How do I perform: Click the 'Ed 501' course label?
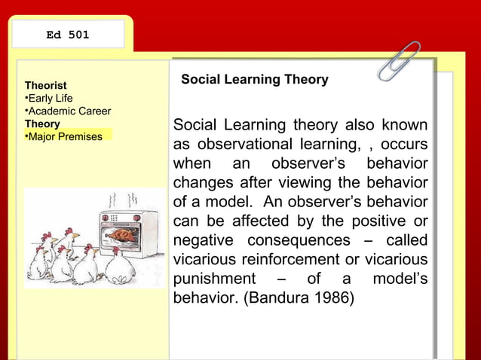tap(68, 35)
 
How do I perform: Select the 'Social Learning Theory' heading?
tap(255, 79)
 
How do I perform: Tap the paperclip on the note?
tap(399, 61)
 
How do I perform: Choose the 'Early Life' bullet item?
tap(50, 99)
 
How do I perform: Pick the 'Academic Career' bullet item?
tap(69, 111)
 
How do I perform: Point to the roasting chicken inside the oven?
tap(121, 234)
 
